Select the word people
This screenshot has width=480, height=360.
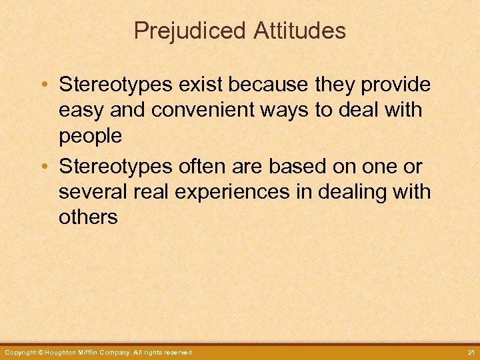(x=90, y=137)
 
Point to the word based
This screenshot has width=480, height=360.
(x=301, y=166)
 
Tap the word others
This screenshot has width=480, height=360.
(x=88, y=218)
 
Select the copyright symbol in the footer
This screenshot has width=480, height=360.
(x=41, y=352)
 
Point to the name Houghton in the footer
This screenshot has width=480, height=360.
(x=64, y=352)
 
